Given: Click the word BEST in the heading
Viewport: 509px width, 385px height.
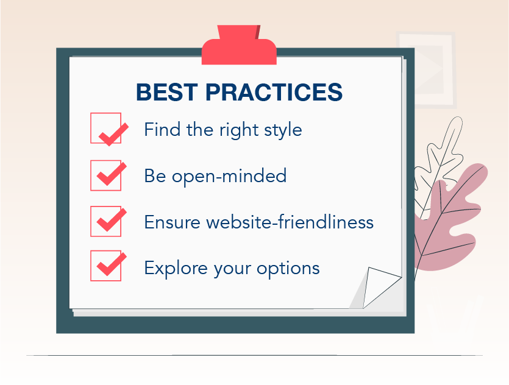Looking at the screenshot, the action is point(167,92).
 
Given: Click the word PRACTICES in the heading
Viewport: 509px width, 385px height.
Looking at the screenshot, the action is point(274,92).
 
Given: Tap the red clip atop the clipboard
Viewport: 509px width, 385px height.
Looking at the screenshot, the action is point(239,46).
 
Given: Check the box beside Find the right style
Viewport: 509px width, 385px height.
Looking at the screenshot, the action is point(106,128).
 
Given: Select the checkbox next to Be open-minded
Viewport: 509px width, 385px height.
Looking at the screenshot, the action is point(106,175).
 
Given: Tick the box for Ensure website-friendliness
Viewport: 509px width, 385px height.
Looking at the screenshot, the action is point(106,221).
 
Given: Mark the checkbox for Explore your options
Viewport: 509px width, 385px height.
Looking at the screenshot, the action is point(106,266).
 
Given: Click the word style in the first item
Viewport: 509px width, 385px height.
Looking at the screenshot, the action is point(283,130).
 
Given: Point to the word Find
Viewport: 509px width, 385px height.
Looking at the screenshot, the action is point(162,129).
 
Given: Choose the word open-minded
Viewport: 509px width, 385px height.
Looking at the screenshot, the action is point(229,177).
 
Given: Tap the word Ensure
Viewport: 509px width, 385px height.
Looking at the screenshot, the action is point(172,222).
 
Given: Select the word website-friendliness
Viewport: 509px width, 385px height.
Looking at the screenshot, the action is point(290,222).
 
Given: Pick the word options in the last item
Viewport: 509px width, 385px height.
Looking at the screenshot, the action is point(288,269).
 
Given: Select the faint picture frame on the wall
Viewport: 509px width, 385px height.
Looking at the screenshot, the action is point(426,69).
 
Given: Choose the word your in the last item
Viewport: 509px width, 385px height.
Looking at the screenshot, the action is point(232,270).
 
